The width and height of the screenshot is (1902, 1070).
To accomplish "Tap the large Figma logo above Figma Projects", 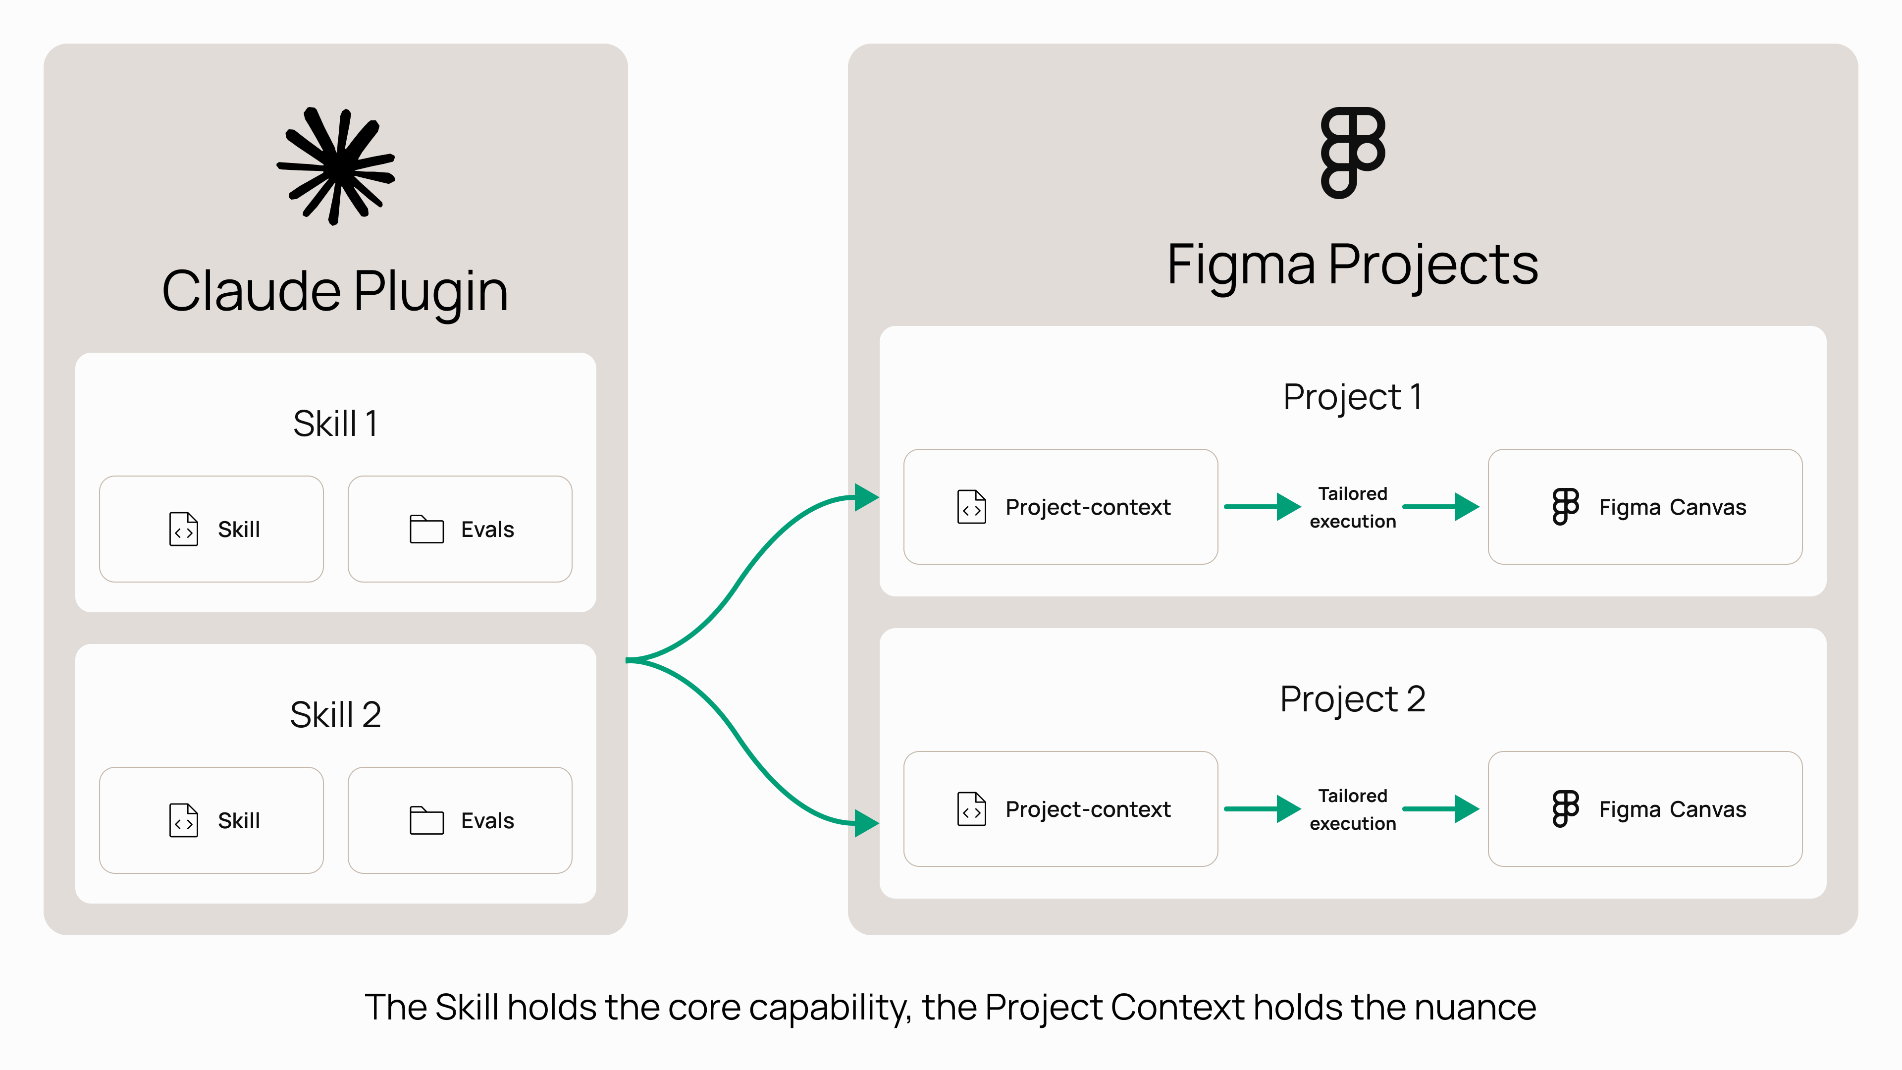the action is [1353, 153].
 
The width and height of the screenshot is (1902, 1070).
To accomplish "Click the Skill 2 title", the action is [335, 715].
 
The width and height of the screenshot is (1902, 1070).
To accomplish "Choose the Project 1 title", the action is [1353, 397].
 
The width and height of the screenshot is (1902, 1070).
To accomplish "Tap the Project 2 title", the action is [1353, 699].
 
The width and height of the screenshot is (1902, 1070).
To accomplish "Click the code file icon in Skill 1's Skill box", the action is [184, 529].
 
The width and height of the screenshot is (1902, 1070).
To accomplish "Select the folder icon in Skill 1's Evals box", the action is [427, 529].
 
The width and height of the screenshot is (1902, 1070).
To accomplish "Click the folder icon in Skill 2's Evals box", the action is [427, 820].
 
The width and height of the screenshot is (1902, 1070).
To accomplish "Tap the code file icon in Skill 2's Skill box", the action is [184, 820].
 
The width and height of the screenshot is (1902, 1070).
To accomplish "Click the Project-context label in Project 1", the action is [1088, 507].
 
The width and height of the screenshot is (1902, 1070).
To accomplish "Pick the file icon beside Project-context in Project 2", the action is [972, 808].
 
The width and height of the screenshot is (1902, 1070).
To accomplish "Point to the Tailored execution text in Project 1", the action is [1353, 507].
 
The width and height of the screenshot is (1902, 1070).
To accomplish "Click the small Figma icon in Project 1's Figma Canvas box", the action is [1565, 507].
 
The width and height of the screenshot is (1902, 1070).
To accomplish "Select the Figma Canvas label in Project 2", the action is [1672, 809].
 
